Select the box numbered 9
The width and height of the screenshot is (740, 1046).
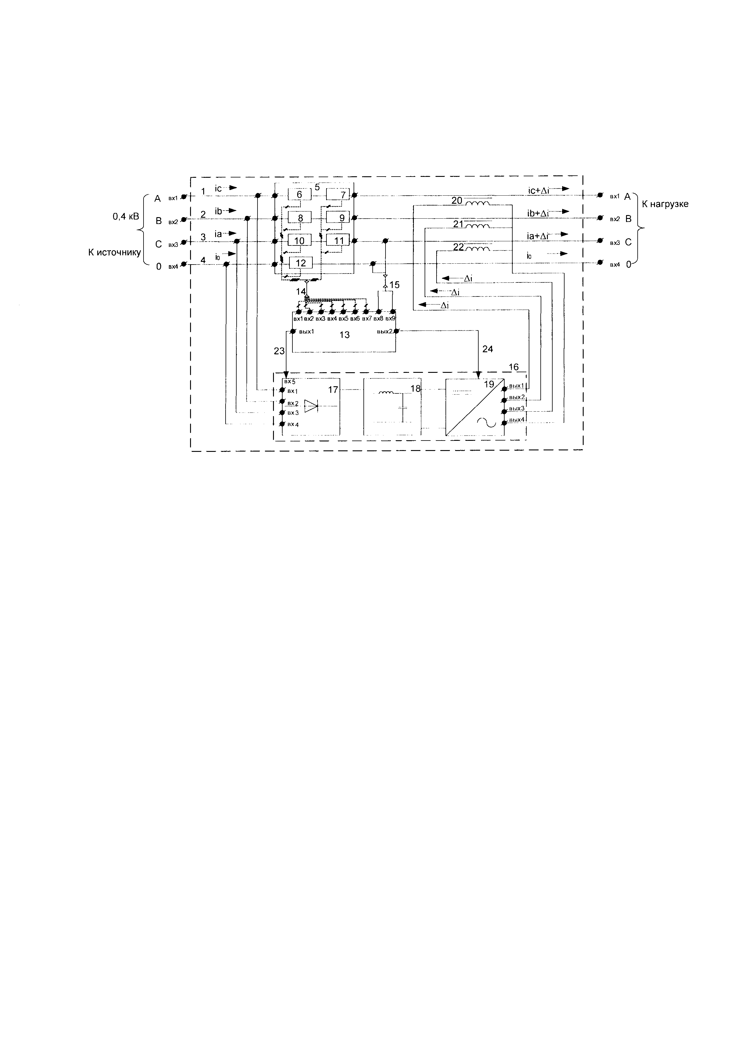[x=338, y=218]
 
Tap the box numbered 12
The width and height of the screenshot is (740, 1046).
[x=300, y=263]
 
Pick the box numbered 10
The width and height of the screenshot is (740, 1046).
[x=299, y=240]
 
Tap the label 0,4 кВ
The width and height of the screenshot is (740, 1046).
[x=126, y=217]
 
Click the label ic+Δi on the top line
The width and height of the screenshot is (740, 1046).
[x=538, y=191]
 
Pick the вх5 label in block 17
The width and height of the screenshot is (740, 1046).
[x=290, y=382]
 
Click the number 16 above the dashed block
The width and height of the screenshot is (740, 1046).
[x=514, y=367]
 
